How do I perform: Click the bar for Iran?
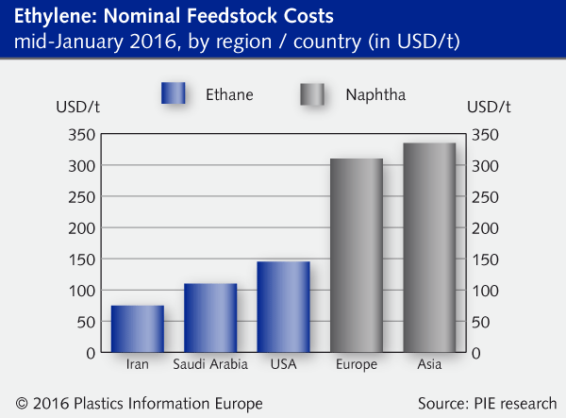coord(137,328)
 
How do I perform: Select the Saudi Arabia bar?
coord(209,317)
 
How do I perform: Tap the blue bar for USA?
coord(283,307)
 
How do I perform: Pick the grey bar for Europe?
coord(356,255)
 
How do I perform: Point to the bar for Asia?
coord(429,247)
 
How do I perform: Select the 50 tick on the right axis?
coord(478,322)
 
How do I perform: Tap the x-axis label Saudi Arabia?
coord(209,364)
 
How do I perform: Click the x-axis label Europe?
coord(356,364)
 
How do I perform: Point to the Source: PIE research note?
coord(487,403)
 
